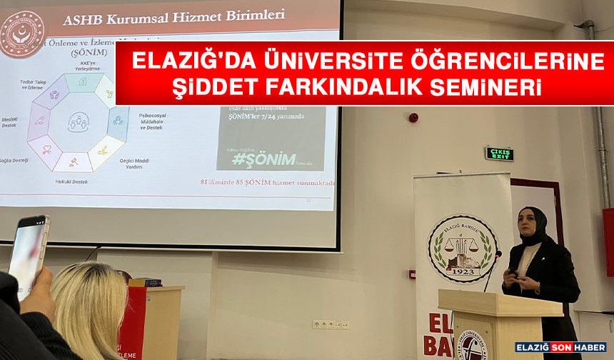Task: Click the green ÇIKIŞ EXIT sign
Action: pyautogui.click(x=500, y=154)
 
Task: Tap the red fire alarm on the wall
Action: pyautogui.click(x=413, y=116)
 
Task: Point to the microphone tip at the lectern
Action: pyautogui.click(x=498, y=254)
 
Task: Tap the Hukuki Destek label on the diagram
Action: pyautogui.click(x=71, y=181)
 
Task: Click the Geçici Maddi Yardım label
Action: pyautogui.click(x=134, y=162)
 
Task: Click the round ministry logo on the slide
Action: pyautogui.click(x=21, y=33)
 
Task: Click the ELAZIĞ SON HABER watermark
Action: pyautogui.click(x=560, y=347)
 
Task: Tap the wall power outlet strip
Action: pyautogui.click(x=331, y=324)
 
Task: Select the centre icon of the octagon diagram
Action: pyautogui.click(x=78, y=122)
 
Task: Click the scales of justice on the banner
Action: pyautogui.click(x=462, y=246)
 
